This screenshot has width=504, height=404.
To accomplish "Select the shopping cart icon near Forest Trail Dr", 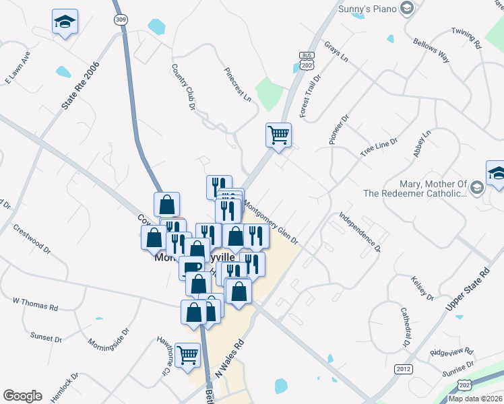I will (x=278, y=135).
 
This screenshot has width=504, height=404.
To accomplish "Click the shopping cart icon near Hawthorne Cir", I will (x=187, y=354).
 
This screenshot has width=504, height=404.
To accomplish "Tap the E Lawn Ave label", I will (x=18, y=68).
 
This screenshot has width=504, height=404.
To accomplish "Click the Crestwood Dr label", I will (x=32, y=238).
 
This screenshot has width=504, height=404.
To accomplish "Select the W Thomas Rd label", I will (x=35, y=302).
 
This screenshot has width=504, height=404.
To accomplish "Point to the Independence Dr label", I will (x=360, y=232).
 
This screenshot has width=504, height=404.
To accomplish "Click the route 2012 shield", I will (x=404, y=369).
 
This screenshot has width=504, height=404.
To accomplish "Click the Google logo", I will (x=22, y=396).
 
